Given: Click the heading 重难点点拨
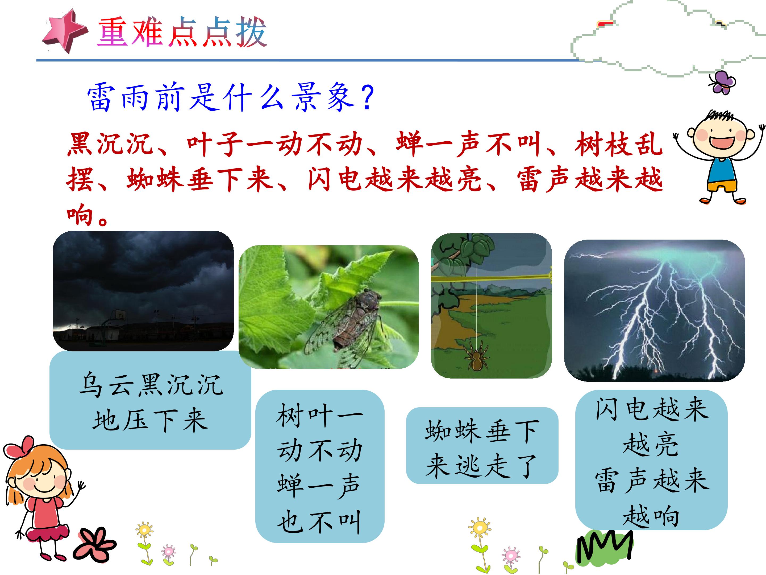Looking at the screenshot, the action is (x=182, y=32).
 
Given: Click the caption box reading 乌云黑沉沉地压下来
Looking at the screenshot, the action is (x=150, y=400).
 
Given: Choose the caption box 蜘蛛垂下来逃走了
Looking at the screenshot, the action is (x=482, y=445).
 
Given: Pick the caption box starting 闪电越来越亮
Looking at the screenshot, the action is (x=651, y=460).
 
